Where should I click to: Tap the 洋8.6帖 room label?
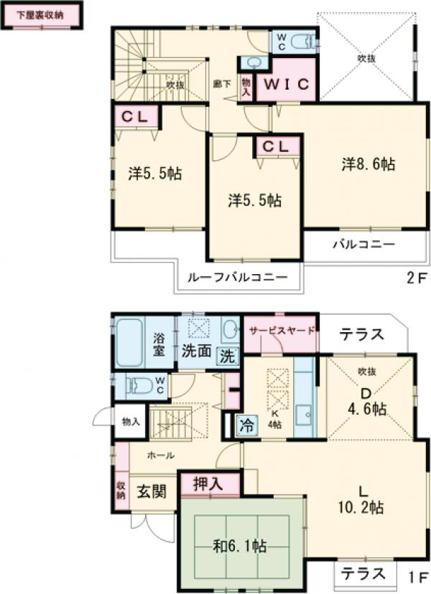coord(367,164)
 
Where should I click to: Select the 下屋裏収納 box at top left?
coord(40,15)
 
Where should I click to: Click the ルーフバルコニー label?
coord(237,278)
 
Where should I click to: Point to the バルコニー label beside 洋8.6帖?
coord(363,244)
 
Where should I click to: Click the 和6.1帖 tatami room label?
coord(239,547)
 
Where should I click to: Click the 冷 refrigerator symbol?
coord(246,425)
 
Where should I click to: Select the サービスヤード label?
coord(281,331)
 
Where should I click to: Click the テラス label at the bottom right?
coord(364,574)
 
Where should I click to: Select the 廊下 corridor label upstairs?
coord(223,83)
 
